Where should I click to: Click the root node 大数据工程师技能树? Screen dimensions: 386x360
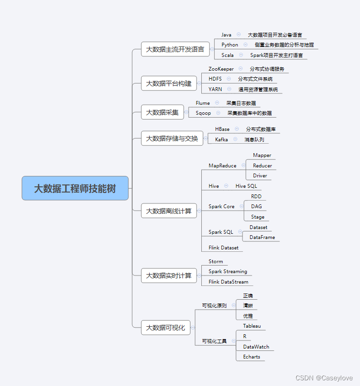[x=75, y=188]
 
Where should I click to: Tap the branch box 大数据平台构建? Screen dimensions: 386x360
[x=169, y=83]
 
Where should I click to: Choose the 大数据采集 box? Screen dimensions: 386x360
[x=162, y=112]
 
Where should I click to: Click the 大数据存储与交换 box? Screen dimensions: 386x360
[x=172, y=138]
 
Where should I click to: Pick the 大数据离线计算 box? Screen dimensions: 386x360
[x=169, y=211]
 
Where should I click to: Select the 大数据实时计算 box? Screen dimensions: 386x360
[x=169, y=276]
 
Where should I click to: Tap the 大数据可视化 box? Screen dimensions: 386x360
[x=165, y=327]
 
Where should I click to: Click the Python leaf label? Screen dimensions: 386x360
[x=230, y=45]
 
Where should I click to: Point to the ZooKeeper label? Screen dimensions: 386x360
[x=221, y=69]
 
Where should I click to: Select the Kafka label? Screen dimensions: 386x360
[x=221, y=140]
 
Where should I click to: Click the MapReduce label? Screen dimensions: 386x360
[x=222, y=166]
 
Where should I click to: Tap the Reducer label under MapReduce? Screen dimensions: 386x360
[x=262, y=166]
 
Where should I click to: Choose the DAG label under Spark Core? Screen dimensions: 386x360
[x=256, y=207]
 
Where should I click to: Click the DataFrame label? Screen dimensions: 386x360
[x=262, y=238]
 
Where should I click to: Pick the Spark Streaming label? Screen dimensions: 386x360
[x=228, y=272]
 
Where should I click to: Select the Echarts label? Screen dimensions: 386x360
[x=252, y=357]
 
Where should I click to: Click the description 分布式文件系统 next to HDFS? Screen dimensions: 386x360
[x=255, y=79]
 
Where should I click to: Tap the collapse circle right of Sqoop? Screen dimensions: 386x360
[x=218, y=113]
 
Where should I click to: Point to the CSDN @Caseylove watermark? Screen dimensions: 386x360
[x=324, y=378]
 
